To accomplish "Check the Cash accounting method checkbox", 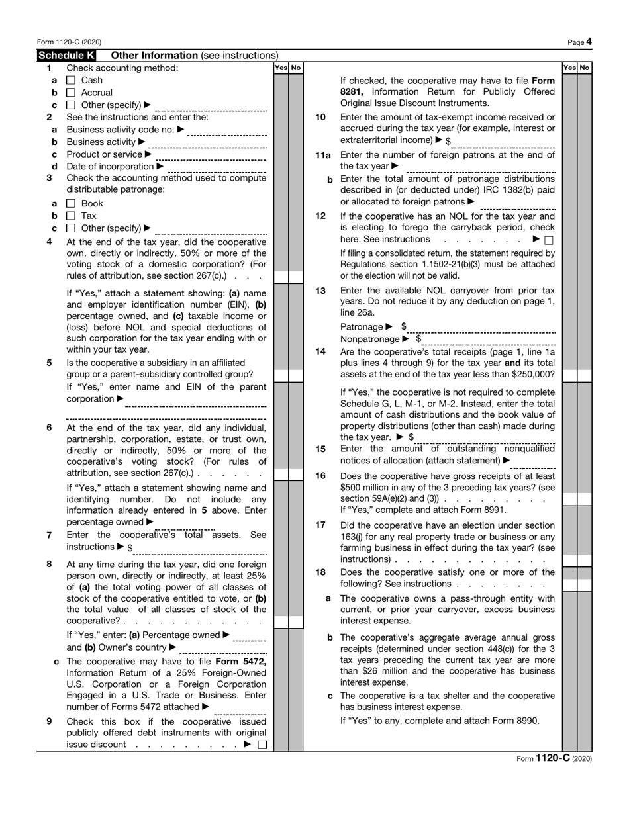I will coord(72,80).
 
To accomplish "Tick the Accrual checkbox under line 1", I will coord(72,93).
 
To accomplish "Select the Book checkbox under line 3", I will coord(72,204).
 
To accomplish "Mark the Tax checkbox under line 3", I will coord(72,216).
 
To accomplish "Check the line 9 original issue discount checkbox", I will coord(262,745).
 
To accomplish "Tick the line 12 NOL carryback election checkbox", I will coord(549,240).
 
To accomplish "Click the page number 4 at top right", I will coord(589,42).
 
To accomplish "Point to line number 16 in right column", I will coord(320,475).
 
